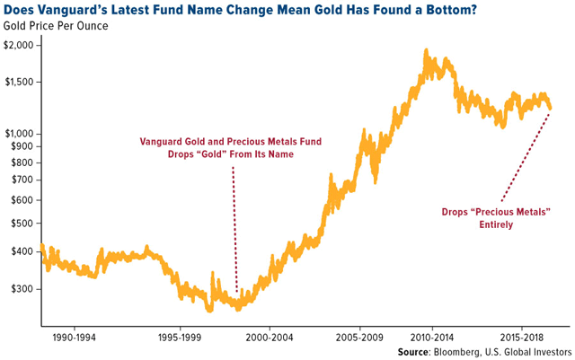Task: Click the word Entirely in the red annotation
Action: click(495, 224)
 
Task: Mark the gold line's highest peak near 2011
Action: click(425, 50)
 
